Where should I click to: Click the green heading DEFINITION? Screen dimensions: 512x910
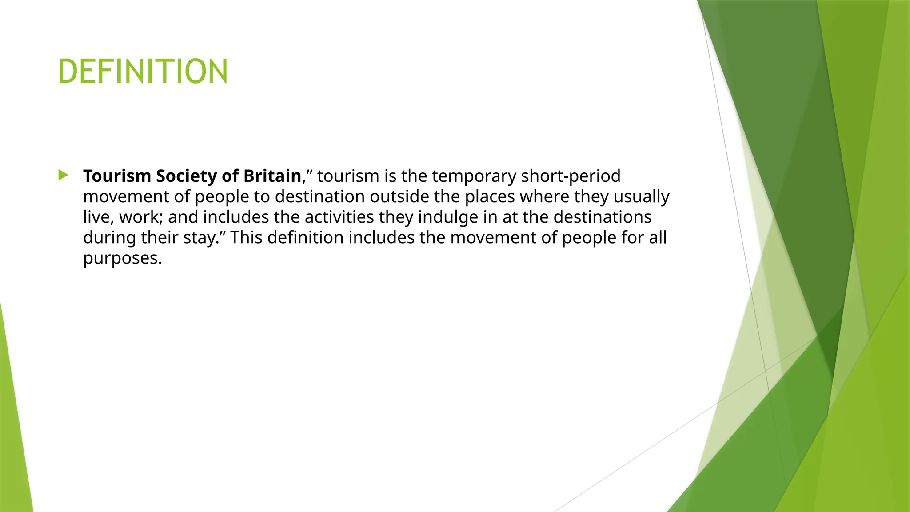(x=143, y=71)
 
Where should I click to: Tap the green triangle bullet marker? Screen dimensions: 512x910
(x=63, y=175)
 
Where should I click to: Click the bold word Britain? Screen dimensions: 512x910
(x=272, y=176)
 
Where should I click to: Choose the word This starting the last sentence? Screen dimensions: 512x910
(x=246, y=237)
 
